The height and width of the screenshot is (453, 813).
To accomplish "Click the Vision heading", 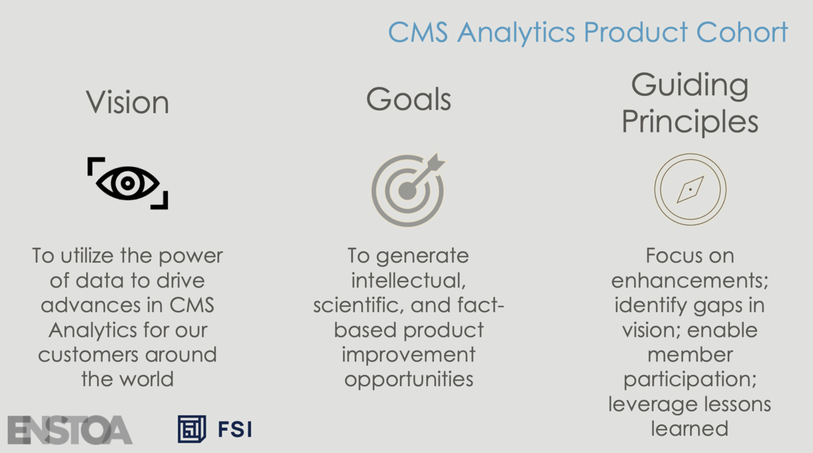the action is pyautogui.click(x=128, y=103).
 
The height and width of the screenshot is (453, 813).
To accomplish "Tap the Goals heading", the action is pyautogui.click(x=408, y=99).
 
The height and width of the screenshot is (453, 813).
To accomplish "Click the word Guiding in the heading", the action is pyautogui.click(x=690, y=86).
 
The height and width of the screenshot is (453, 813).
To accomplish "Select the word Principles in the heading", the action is pyautogui.click(x=690, y=121).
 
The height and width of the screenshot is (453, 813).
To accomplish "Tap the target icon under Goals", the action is pyautogui.click(x=407, y=190).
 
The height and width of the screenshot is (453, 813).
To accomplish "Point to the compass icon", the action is pyautogui.click(x=690, y=189).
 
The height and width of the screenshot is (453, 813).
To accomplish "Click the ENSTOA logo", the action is pyautogui.click(x=70, y=430).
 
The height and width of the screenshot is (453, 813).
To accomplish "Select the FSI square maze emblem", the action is pyautogui.click(x=192, y=429).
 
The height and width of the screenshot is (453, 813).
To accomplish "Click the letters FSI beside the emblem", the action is pyautogui.click(x=235, y=429).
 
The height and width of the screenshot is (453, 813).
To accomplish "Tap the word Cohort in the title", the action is pyautogui.click(x=742, y=32).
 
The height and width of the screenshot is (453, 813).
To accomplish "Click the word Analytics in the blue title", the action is pyautogui.click(x=516, y=32).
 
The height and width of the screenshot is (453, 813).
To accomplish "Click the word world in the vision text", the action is pyautogui.click(x=147, y=379).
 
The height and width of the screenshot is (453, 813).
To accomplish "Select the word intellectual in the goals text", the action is pyautogui.click(x=408, y=281).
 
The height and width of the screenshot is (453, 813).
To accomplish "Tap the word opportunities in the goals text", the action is pyautogui.click(x=408, y=380).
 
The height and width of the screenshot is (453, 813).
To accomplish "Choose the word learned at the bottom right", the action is pyautogui.click(x=690, y=429).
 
